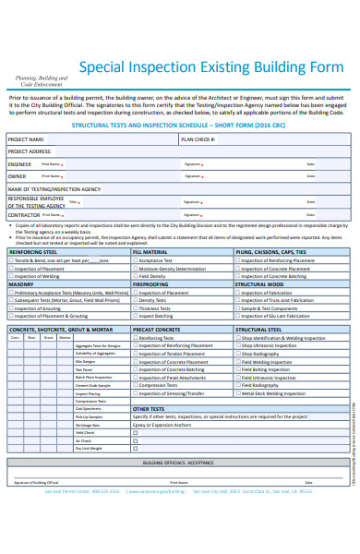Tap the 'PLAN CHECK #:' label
(x=198, y=138)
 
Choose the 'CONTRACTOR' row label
(x=24, y=213)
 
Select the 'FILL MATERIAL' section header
(x=150, y=251)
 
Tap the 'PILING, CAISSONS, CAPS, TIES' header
(x=271, y=251)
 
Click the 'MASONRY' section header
(x=21, y=284)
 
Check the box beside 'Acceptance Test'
(x=136, y=260)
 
